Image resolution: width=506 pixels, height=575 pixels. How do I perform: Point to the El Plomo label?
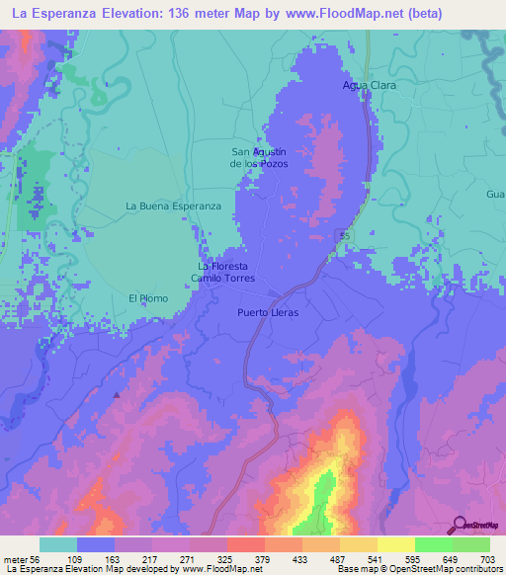tap(148, 297)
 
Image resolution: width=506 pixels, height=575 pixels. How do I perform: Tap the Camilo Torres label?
tap(223, 279)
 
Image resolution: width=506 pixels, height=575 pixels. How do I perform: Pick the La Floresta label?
tap(222, 267)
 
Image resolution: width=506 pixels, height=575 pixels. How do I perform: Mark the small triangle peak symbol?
tap(117, 394)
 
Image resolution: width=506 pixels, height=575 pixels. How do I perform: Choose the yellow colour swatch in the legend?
tap(395, 544)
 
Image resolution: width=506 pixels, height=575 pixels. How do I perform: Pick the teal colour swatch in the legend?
tap(58, 544)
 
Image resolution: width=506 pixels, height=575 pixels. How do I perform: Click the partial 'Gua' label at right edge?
tap(495, 194)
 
